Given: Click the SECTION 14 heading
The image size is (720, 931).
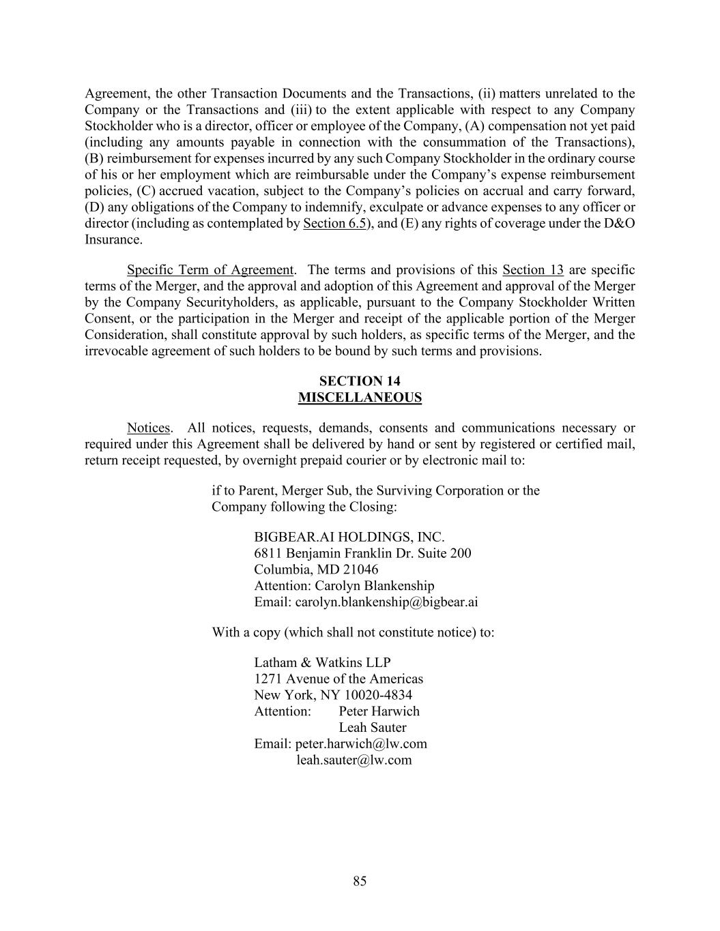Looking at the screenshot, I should [x=360, y=381].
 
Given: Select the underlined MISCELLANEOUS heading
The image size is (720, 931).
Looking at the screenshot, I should [x=360, y=398].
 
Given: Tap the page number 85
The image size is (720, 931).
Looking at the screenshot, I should [x=360, y=881].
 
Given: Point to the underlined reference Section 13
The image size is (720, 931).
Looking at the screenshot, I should [x=532, y=270].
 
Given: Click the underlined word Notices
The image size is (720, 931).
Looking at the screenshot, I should [x=148, y=428].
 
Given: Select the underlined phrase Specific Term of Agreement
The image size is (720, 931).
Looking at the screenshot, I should [x=210, y=270].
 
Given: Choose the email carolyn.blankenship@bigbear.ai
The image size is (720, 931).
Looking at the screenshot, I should [x=386, y=602].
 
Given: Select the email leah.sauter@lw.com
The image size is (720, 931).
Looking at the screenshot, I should [x=354, y=760].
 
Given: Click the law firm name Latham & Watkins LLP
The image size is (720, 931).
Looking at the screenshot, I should [x=322, y=663].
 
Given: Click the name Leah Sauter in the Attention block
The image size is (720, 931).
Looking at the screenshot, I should [x=373, y=728].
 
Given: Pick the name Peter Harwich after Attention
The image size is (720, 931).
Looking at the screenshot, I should [x=379, y=711].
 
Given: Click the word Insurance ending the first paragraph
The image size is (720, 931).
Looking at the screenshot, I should [x=113, y=240].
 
